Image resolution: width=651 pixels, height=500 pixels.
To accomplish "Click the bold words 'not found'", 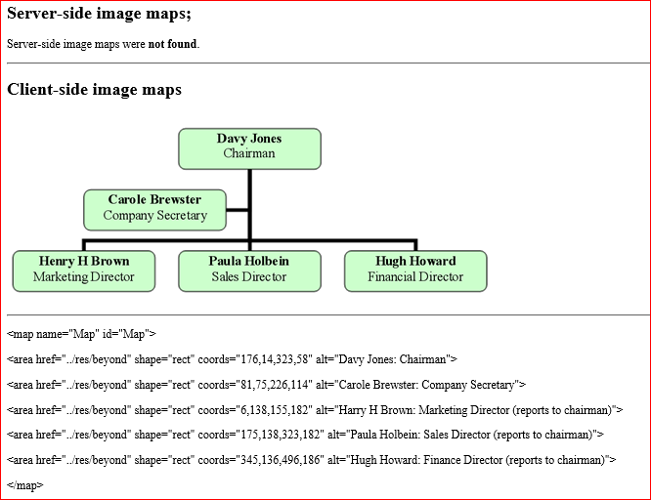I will [x=172, y=44].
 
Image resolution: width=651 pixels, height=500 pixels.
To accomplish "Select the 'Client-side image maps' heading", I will [x=94, y=90].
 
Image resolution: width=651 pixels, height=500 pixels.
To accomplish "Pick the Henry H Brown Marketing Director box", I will [x=83, y=271].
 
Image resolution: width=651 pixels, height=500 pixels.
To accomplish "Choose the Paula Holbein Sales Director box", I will [x=249, y=271].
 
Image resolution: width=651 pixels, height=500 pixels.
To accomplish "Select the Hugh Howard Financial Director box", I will [x=415, y=271].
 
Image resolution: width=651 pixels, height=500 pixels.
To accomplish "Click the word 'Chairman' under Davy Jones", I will [x=249, y=154].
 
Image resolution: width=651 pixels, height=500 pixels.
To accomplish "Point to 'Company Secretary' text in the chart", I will [x=154, y=216].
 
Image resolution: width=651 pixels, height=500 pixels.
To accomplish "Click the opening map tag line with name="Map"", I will [x=81, y=334].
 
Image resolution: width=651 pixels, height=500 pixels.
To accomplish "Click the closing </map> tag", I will [x=25, y=485].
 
